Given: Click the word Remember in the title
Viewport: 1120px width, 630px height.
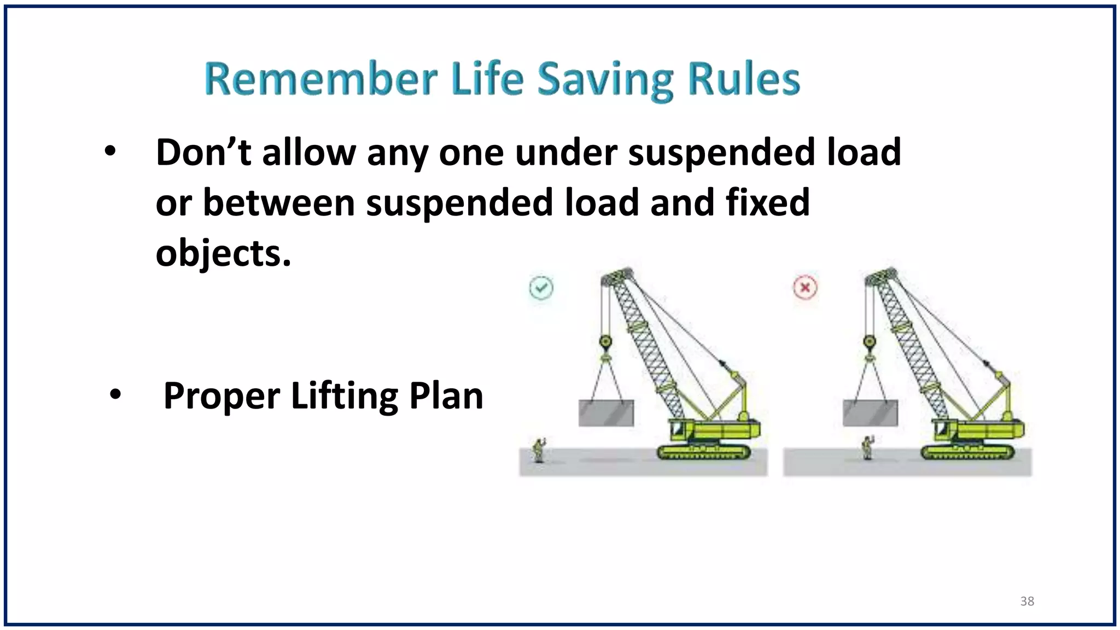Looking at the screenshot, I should (321, 80).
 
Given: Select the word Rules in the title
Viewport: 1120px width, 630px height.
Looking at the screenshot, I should (744, 80).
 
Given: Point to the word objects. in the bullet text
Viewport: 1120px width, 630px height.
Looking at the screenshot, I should (223, 254).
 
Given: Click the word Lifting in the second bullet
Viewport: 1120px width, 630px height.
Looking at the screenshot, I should (345, 396).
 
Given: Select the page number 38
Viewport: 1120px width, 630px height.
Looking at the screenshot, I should (1027, 601).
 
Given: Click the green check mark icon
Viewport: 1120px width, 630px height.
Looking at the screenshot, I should (541, 288).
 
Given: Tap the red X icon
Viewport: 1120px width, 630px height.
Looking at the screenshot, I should (805, 288).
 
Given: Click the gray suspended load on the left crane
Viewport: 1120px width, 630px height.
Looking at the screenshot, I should (606, 413).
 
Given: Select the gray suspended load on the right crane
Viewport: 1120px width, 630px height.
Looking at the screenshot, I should (870, 413).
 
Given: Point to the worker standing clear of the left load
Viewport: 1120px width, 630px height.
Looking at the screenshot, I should (539, 450).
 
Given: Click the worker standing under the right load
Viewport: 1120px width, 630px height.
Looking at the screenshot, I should (867, 447).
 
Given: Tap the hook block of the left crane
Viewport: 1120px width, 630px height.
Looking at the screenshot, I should (605, 344).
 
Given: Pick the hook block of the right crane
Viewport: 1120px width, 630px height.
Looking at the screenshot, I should (870, 344).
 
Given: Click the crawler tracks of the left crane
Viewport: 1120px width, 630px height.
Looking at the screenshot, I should (704, 452).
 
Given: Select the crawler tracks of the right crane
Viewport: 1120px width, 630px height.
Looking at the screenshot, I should (967, 452).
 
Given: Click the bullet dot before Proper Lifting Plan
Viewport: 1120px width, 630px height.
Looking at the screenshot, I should (115, 395).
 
